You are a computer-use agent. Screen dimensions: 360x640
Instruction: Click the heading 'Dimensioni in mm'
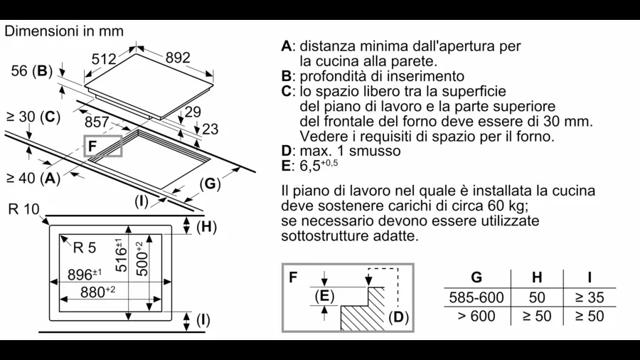64,31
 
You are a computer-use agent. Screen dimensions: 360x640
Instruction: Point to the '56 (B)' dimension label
32,70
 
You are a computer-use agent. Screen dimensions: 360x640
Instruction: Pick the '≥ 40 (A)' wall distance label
33,179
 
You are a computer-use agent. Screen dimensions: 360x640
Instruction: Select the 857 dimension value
97,122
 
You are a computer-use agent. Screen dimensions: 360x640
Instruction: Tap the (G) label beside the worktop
209,184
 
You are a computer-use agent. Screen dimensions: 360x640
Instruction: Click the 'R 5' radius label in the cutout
84,248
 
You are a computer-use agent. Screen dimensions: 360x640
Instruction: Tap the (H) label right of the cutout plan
206,227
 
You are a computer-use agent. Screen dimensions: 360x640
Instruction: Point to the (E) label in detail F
324,295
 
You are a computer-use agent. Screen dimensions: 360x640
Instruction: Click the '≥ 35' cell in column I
589,297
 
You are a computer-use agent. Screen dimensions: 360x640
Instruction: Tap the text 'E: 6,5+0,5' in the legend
311,165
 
